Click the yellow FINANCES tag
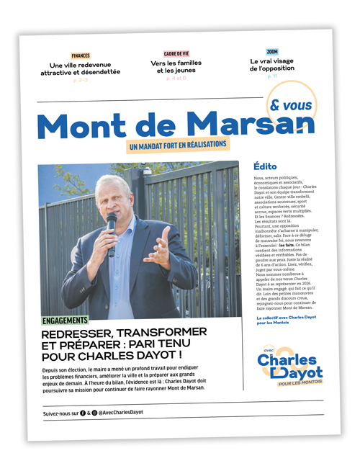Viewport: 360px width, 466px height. coord(81,55)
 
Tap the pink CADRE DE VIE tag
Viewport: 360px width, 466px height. coord(176,53)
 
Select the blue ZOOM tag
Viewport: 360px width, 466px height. coord(271,52)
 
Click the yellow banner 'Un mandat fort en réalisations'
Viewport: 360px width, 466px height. coord(177,145)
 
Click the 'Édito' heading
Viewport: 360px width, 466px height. coord(266,166)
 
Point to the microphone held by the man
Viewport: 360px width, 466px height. coord(112,227)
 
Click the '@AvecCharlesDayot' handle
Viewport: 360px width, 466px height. coord(119,413)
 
